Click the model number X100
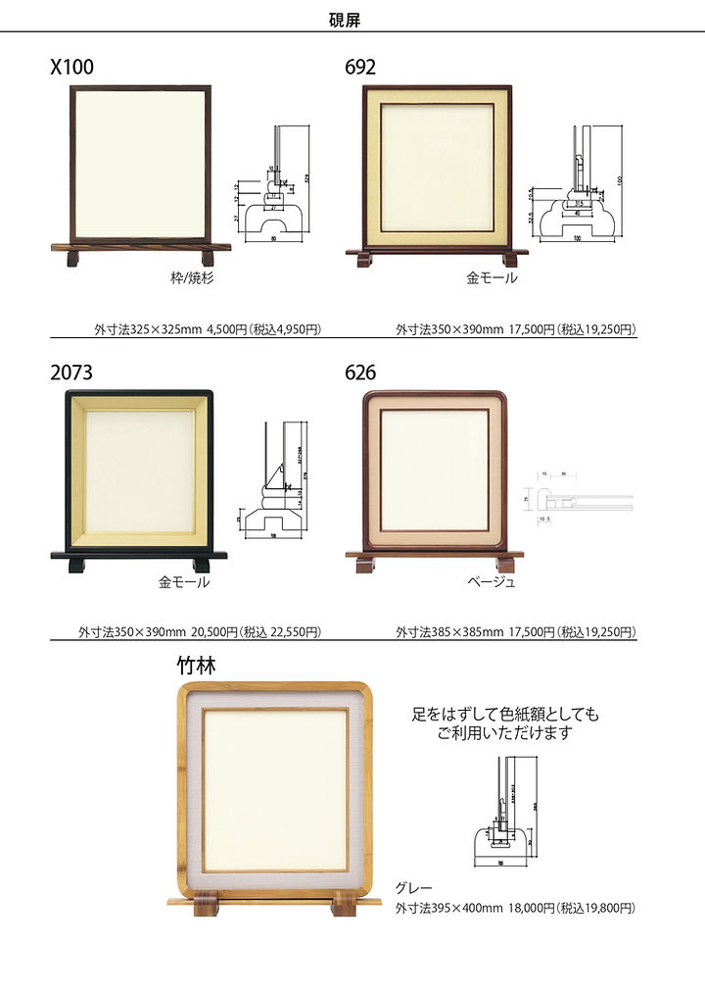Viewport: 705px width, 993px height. point(72,68)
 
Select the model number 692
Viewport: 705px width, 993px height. point(360,68)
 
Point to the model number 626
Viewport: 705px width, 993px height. point(360,373)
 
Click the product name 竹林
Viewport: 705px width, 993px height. point(196,667)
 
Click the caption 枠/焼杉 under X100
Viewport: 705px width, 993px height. point(192,278)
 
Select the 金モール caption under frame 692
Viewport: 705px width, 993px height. point(492,278)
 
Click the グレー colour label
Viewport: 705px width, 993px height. point(413,888)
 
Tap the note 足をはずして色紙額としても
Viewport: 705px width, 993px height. point(505,715)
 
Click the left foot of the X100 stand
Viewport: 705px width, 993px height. point(72,258)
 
